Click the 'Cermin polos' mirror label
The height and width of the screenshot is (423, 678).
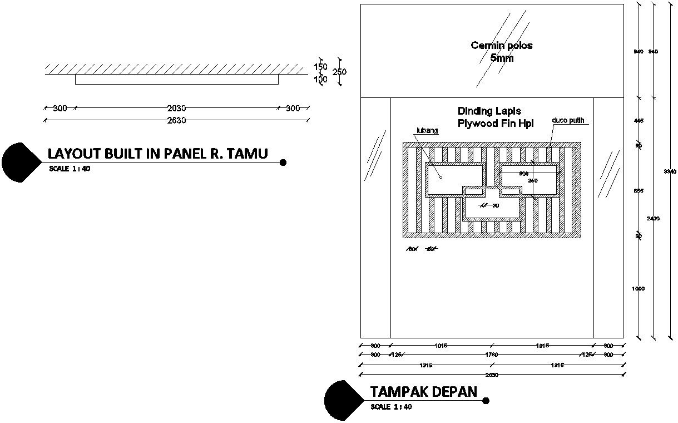[501, 46]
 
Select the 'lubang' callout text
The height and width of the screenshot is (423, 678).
[427, 131]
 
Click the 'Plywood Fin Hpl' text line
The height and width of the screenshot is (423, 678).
[495, 124]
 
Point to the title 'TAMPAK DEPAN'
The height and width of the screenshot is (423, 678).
[423, 392]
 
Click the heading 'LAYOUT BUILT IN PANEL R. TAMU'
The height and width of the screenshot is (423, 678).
[157, 154]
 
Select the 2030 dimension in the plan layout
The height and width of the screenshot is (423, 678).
[176, 108]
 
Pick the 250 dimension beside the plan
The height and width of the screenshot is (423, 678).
[339, 72]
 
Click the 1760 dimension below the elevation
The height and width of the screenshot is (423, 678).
[491, 355]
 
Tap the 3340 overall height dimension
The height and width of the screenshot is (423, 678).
[670, 171]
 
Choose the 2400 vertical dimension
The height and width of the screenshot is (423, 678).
[653, 219]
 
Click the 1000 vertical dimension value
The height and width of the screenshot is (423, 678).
[638, 289]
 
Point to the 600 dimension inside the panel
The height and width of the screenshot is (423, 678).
[524, 174]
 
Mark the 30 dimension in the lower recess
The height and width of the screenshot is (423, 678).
[495, 205]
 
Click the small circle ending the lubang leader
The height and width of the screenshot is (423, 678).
[440, 178]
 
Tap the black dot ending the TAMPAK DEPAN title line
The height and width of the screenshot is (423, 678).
[486, 401]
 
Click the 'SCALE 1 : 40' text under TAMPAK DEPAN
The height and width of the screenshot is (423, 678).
[391, 407]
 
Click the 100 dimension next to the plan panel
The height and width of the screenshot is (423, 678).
[320, 80]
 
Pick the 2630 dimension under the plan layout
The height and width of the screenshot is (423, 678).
[176, 120]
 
